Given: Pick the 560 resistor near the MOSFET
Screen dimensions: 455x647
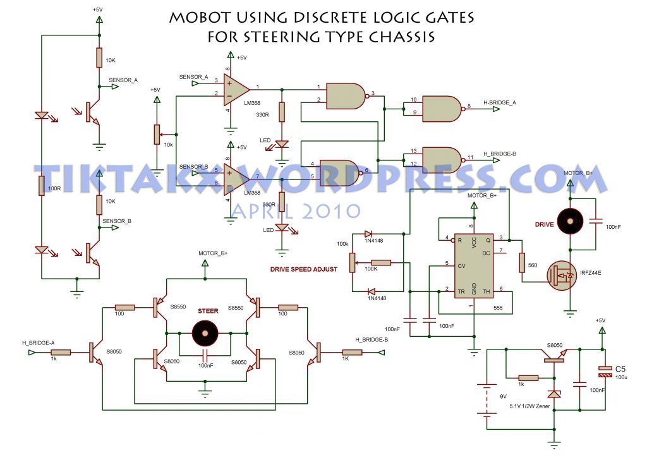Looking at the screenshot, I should pyautogui.click(x=522, y=262).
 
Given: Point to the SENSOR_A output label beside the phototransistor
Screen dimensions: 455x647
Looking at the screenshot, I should pyautogui.click(x=123, y=81).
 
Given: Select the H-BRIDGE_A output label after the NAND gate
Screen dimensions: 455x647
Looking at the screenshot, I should pyautogui.click(x=499, y=102).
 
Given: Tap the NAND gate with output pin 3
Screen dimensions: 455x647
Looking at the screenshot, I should pyautogui.click(x=345, y=95).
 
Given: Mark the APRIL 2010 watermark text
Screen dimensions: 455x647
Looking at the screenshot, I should pyautogui.click(x=296, y=210).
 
